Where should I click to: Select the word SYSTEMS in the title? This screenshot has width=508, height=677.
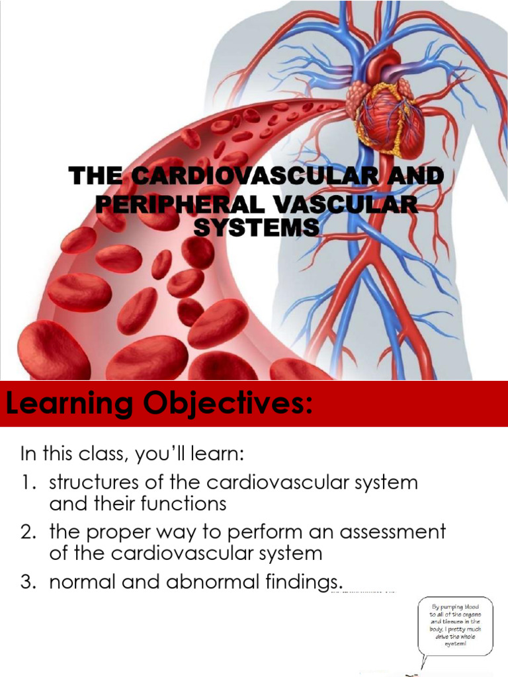click(256, 227)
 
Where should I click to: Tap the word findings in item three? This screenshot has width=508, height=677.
click(300, 582)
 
